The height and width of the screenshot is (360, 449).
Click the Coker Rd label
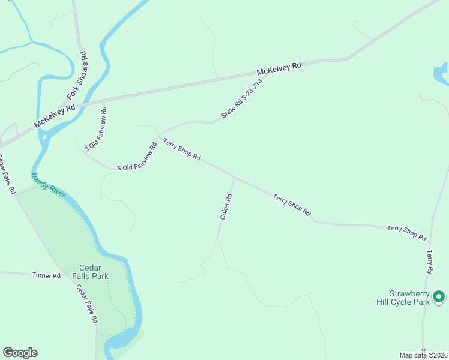(x=226, y=206)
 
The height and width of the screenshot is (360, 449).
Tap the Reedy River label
(x=48, y=186)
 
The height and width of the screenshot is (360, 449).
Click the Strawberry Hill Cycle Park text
(x=402, y=298)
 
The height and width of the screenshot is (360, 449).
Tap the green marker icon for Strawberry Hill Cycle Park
(x=439, y=296)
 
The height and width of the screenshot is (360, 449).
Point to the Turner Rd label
(x=47, y=275)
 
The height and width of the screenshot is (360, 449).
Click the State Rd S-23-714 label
(x=242, y=98)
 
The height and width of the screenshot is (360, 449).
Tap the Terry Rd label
(x=430, y=262)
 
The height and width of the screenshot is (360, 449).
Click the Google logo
(x=20, y=353)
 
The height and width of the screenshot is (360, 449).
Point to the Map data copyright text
(x=423, y=355)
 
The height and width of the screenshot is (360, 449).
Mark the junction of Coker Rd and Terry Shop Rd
(x=234, y=178)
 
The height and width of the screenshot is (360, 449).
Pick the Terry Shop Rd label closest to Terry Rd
(x=406, y=233)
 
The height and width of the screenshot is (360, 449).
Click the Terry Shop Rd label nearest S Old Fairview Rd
(x=181, y=149)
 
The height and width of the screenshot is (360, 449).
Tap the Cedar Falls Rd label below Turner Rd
(x=86, y=304)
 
